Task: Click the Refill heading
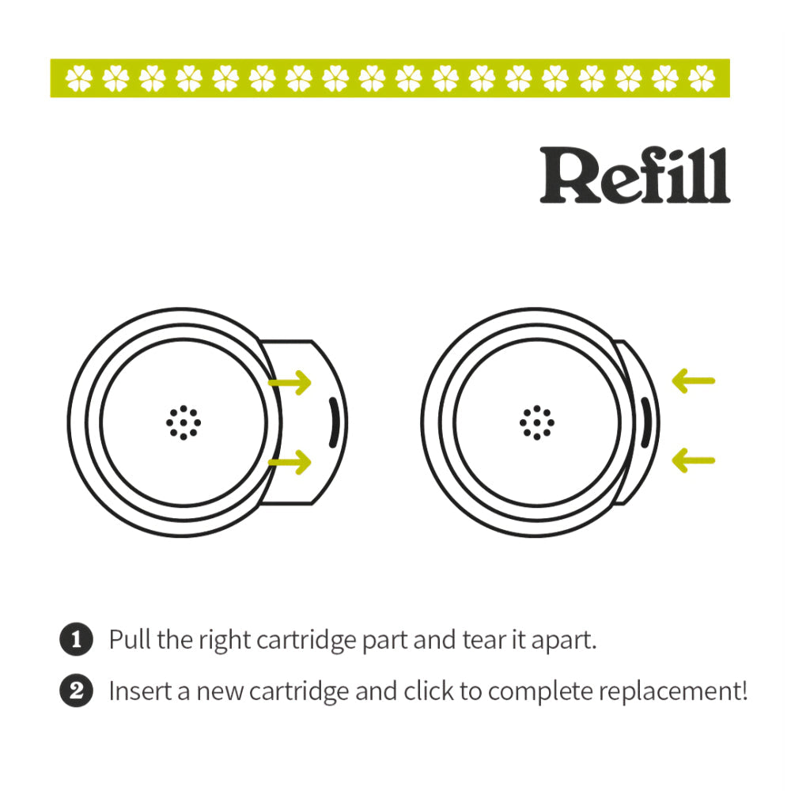coord(634,175)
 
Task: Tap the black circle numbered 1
coord(77,640)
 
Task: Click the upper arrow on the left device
coord(290,384)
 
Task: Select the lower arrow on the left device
coord(290,463)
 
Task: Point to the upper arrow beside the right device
coord(693,381)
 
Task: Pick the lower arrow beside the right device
coord(693,460)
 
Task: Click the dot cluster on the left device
coord(184,422)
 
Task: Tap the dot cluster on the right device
coord(537,422)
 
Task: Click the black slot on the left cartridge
coord(333,423)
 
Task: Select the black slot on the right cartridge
coord(645,423)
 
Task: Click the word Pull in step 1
coord(130,639)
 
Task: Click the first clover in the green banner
coord(80,78)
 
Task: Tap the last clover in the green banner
coord(702,78)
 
